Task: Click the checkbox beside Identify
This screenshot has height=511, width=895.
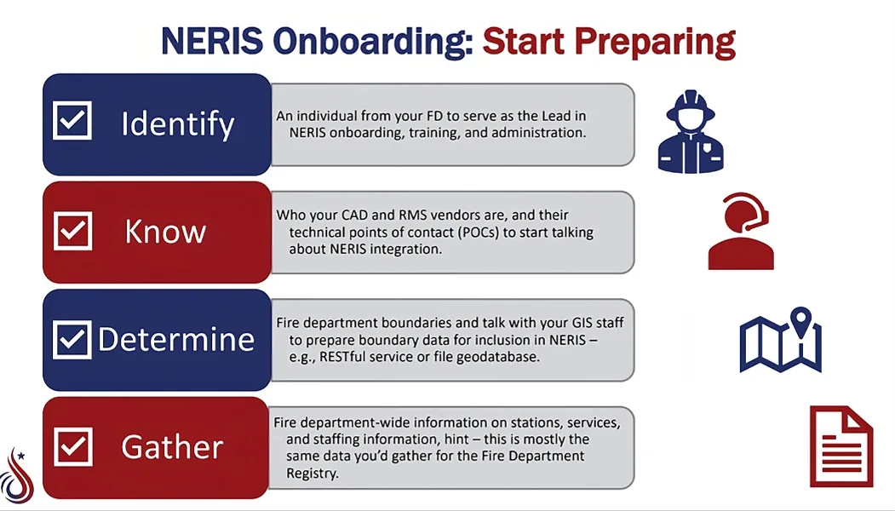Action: point(72,121)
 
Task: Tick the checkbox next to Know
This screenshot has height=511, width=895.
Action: point(72,230)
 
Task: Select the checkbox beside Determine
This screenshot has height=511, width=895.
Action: point(72,339)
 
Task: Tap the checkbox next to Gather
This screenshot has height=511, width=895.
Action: point(72,446)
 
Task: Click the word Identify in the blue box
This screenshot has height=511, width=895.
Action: point(177,124)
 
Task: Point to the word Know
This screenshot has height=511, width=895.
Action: point(165,232)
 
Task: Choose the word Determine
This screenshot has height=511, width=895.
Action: point(176,339)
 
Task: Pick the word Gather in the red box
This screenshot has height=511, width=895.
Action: point(172,447)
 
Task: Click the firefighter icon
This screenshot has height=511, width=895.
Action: point(695,131)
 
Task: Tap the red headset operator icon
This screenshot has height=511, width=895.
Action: point(740,232)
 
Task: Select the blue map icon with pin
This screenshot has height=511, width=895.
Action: point(780,340)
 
